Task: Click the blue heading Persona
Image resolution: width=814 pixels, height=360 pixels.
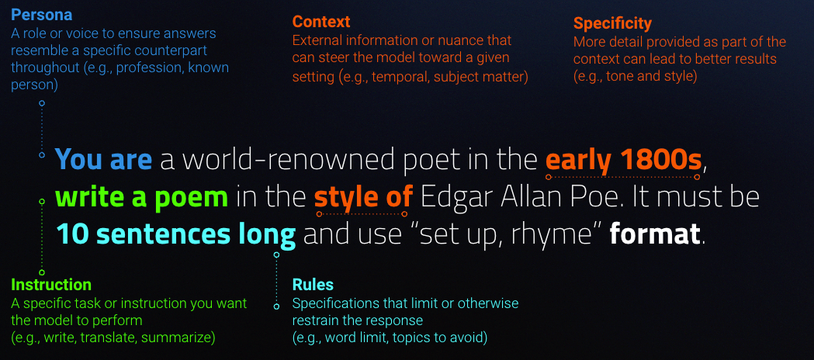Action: [x=42, y=13]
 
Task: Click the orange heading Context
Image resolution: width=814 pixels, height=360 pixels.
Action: [x=320, y=22]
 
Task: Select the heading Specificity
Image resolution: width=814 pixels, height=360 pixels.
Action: [x=612, y=24]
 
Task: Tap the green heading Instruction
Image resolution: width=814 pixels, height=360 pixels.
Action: [x=51, y=285]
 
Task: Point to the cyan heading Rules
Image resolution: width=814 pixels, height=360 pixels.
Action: [x=313, y=285]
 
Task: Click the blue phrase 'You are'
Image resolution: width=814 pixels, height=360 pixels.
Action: [x=103, y=159]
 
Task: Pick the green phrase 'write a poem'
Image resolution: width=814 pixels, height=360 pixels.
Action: [x=142, y=197]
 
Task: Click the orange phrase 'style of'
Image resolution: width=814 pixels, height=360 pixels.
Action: [x=363, y=197]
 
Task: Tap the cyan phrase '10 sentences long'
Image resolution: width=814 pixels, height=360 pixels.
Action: [x=176, y=235]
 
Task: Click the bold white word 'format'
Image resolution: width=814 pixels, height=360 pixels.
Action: [x=655, y=234]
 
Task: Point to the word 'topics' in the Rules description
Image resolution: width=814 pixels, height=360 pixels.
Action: [x=410, y=338]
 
